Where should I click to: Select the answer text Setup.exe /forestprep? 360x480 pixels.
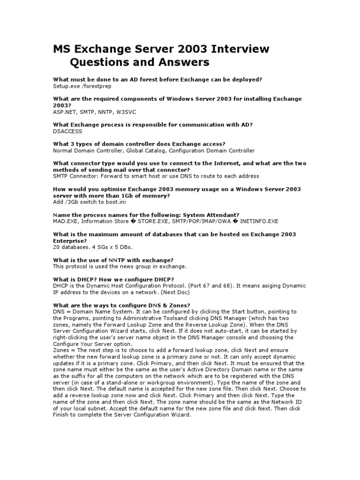[82, 86]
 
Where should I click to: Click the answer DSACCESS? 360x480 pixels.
[67, 132]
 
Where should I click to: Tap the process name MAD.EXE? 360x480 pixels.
[65, 221]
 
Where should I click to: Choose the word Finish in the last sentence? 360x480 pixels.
[61, 415]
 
